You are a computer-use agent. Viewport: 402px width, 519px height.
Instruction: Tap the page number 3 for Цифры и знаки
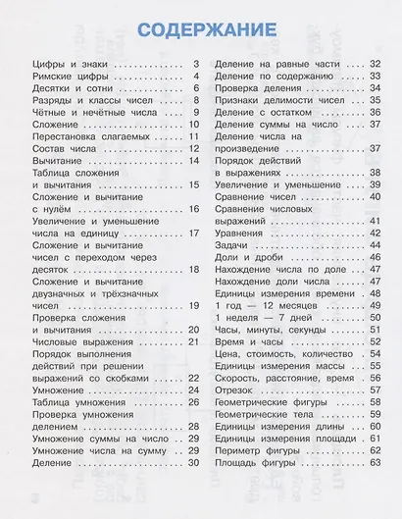click(x=196, y=64)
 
